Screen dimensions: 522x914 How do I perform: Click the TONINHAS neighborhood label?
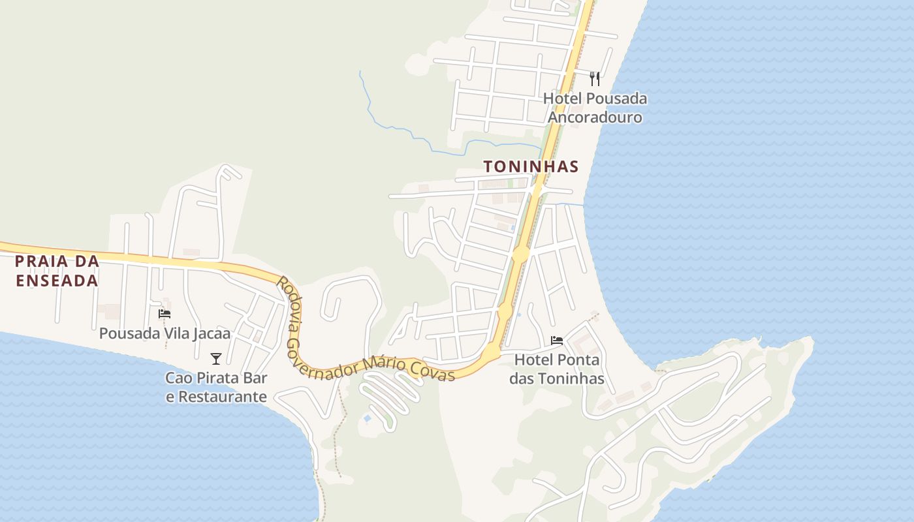[x=531, y=166]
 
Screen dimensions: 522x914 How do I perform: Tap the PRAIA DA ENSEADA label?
[x=57, y=271]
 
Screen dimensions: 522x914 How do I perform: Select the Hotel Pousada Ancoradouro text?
[x=595, y=108]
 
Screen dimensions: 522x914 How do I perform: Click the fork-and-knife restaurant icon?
[x=594, y=79]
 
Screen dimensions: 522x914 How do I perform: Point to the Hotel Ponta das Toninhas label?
[x=557, y=369]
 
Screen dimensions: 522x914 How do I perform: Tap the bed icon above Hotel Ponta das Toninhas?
[x=557, y=341]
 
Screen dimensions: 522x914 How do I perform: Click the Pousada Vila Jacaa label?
[x=165, y=333]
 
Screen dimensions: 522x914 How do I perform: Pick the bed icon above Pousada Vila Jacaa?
[x=165, y=314]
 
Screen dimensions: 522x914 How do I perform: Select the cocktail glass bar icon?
[x=216, y=358]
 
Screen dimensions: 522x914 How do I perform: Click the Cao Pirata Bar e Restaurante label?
[x=216, y=387]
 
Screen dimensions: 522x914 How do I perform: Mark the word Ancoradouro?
[x=595, y=117]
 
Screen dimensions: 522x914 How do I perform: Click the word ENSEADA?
[x=57, y=281]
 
